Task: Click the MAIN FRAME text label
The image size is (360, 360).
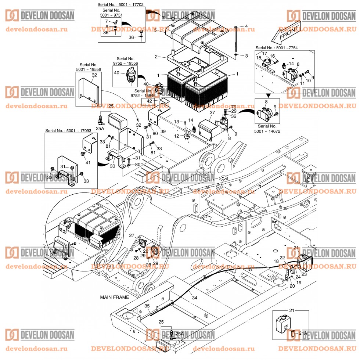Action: [x=114, y=297]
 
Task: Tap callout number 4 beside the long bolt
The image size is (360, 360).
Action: [x=246, y=26]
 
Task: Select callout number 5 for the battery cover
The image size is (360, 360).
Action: [x=155, y=31]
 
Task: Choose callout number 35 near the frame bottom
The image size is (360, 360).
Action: [x=147, y=306]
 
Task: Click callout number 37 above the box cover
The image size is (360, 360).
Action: [x=212, y=112]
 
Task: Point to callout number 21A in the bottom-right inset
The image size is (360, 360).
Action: [x=302, y=333]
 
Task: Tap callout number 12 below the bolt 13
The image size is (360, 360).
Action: [x=176, y=136]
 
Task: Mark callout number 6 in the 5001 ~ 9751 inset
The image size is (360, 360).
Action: [x=107, y=27]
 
